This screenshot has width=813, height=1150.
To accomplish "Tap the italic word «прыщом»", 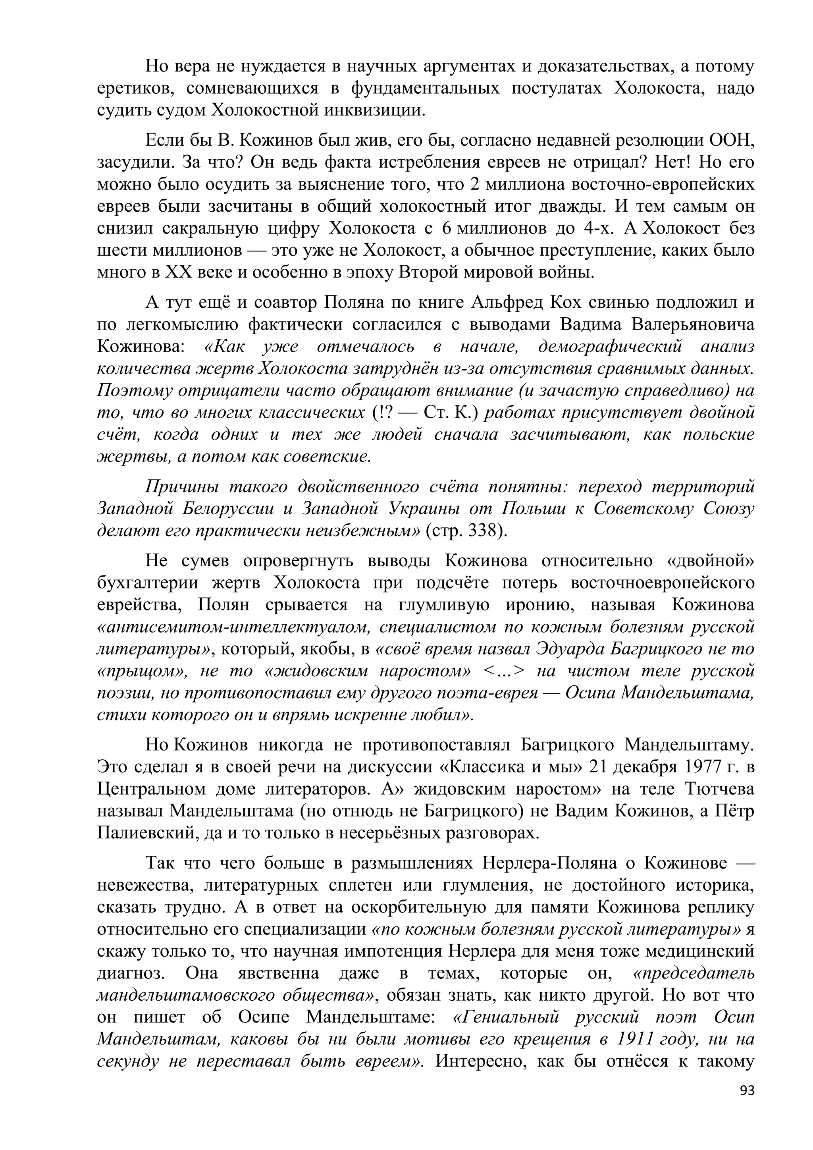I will pos(141,671).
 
